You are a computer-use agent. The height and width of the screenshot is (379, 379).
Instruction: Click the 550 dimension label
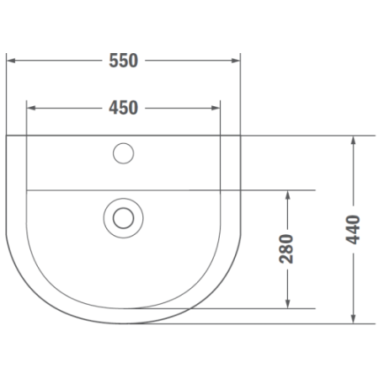click(124, 61)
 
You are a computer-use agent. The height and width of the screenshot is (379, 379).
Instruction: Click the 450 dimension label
click(124, 107)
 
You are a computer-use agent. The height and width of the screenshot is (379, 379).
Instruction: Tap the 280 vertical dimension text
click(286, 248)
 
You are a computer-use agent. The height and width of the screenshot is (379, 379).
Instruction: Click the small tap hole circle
click(124, 153)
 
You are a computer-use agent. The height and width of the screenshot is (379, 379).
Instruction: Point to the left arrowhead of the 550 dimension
click(11, 61)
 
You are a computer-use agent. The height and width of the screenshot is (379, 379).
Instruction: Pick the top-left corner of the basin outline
click(7, 136)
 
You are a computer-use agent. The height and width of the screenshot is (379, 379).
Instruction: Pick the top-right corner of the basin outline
click(240, 136)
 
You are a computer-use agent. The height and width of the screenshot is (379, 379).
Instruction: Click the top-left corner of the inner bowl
click(27, 190)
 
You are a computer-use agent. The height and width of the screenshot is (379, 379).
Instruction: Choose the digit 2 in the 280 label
click(286, 259)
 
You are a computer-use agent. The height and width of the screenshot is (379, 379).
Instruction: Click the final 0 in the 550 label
click(134, 61)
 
